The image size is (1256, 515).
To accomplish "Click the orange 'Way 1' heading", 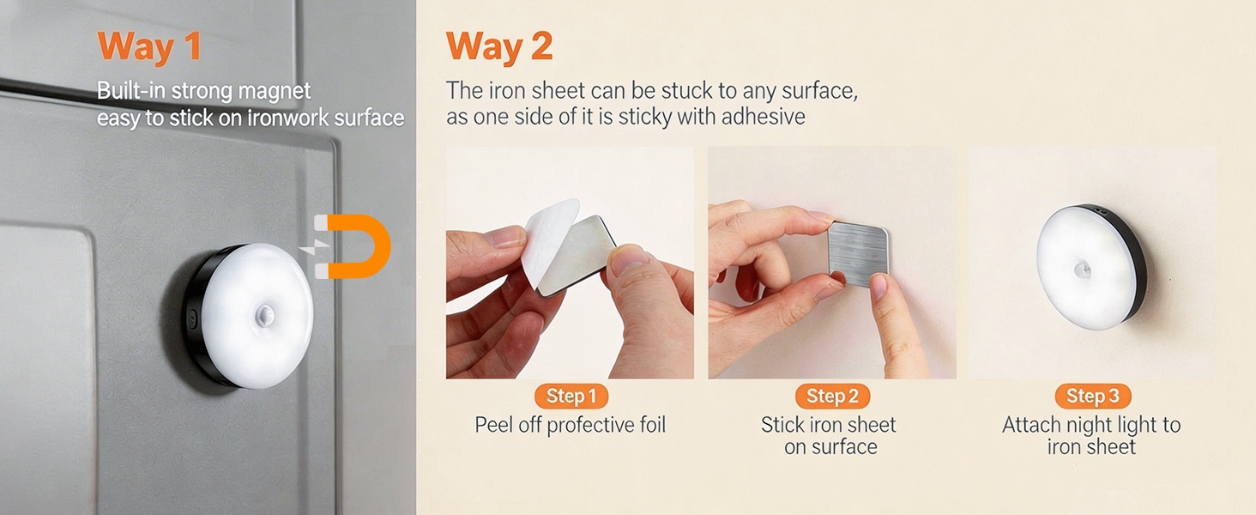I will pos(149,46).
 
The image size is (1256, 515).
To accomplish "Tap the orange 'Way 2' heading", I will pos(498,46).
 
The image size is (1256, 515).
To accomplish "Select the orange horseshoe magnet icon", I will pos(356,247).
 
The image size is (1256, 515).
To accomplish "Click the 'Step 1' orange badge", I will pos(571,396).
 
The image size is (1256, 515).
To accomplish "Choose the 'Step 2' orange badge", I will pos(831,396).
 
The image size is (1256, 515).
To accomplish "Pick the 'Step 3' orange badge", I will pos(1092,396).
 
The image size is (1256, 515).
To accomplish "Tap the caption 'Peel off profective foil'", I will pos(571,425).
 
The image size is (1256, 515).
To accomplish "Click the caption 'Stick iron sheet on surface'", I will pos(829,436).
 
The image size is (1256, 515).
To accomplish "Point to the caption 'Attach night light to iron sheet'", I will pos(1091,436).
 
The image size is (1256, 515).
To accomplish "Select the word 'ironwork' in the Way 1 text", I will pos(287,118).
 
